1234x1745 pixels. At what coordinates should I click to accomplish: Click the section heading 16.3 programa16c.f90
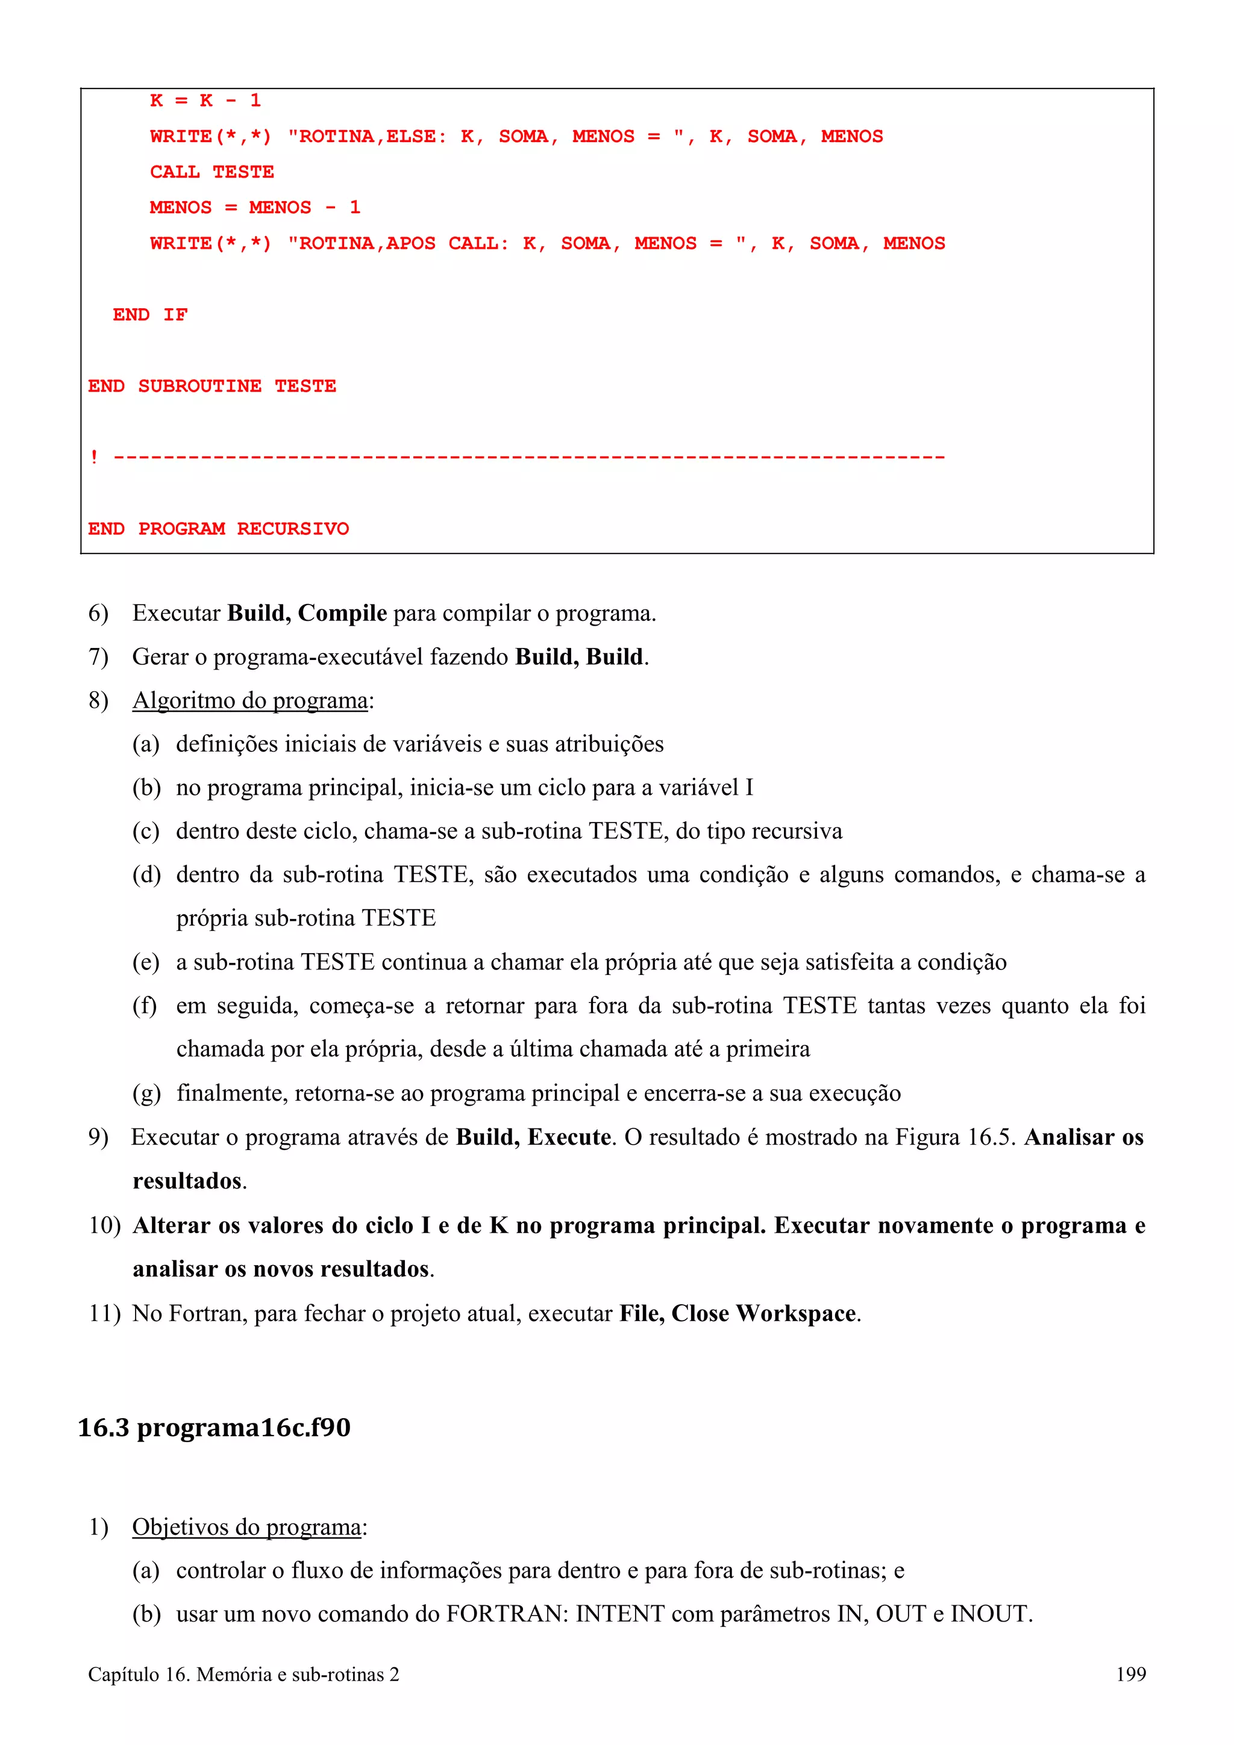(214, 1427)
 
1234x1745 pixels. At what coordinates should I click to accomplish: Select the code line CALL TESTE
(211, 172)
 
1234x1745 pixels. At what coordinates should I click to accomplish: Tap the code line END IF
(150, 315)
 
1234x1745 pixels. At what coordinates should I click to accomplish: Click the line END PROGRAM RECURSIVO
(218, 528)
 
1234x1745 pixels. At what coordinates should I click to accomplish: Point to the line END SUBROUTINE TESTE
(211, 386)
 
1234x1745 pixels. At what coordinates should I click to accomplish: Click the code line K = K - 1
(205, 101)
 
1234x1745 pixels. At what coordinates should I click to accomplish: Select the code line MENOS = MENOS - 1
(255, 208)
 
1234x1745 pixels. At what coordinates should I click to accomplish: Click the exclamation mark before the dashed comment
(93, 457)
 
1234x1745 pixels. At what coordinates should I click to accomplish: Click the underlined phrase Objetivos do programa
(246, 1527)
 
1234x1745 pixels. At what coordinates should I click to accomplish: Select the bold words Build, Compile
(307, 614)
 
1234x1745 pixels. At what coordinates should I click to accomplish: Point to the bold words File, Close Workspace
(738, 1313)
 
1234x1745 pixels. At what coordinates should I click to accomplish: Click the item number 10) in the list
(104, 1225)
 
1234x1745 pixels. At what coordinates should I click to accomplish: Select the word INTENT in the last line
(619, 1614)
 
